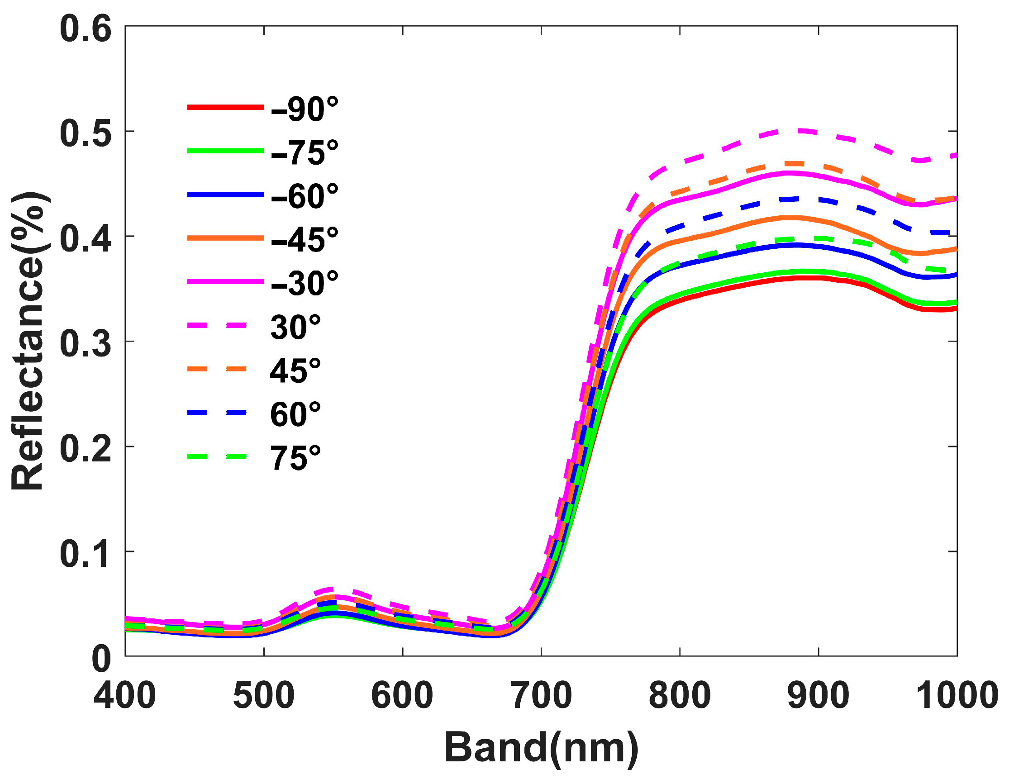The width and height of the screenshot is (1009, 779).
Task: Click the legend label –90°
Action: pos(305,109)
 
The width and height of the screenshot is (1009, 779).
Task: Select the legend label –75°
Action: pos(305,152)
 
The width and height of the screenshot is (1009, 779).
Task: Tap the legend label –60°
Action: pos(305,196)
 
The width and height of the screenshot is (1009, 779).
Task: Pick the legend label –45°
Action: pos(305,239)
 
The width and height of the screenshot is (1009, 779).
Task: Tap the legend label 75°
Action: pos(295,457)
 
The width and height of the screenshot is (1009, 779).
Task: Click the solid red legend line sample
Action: pos(225,107)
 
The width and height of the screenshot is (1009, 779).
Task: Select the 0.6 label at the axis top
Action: pos(86,29)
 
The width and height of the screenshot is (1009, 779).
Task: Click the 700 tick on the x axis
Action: pos(542,696)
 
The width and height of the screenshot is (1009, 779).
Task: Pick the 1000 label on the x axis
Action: pos(957,696)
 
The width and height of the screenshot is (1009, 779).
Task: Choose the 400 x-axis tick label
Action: pos(125,696)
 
